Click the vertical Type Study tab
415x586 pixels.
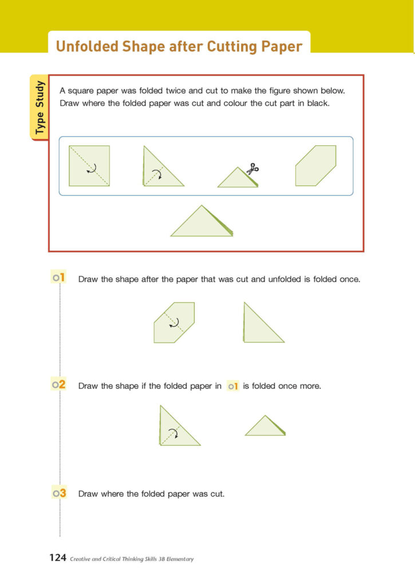click(x=39, y=108)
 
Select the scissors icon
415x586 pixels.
click(x=252, y=169)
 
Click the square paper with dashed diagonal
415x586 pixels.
click(x=89, y=166)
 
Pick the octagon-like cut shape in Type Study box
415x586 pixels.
click(x=315, y=166)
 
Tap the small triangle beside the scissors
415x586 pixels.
click(x=237, y=179)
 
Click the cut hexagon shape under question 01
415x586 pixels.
click(x=174, y=322)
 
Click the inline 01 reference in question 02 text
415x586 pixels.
click(x=232, y=386)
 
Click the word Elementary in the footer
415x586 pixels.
click(x=176, y=559)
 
